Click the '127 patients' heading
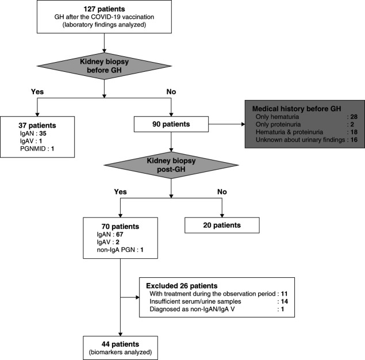point(104,9)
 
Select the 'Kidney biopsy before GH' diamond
point(104,66)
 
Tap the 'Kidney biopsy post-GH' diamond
point(171,165)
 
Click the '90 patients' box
point(171,124)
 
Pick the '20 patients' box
point(222,225)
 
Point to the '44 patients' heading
point(120,344)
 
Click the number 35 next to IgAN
point(43,133)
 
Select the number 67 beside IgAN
point(120,235)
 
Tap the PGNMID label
point(33,148)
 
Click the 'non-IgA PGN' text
point(116,250)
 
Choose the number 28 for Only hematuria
point(354,117)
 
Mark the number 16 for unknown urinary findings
point(354,140)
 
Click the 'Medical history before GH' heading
point(297,109)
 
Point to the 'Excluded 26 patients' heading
point(182,286)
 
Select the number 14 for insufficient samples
point(285,301)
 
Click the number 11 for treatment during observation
point(284,294)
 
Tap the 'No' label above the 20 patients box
point(222,192)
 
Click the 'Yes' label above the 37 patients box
point(37,91)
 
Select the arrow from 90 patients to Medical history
point(226,124)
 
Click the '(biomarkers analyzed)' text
point(120,352)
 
